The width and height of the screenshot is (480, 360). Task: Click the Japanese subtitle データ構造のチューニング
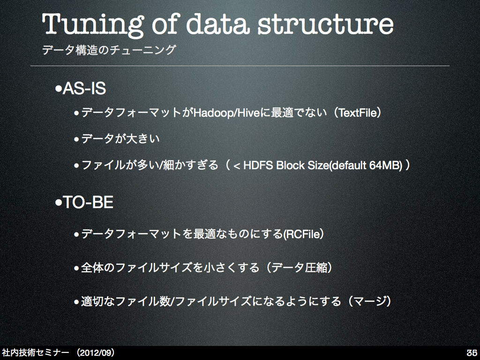[109, 50]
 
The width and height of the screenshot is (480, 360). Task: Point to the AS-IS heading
[84, 89]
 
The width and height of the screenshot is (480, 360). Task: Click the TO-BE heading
[88, 202]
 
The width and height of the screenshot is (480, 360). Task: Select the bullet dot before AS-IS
[58, 89]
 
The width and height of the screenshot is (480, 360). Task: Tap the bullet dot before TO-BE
[58, 202]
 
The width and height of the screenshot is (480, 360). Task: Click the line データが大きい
[120, 139]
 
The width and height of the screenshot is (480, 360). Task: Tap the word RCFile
[303, 234]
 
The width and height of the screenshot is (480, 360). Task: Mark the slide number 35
[472, 352]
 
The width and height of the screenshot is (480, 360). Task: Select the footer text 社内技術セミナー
[36, 352]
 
